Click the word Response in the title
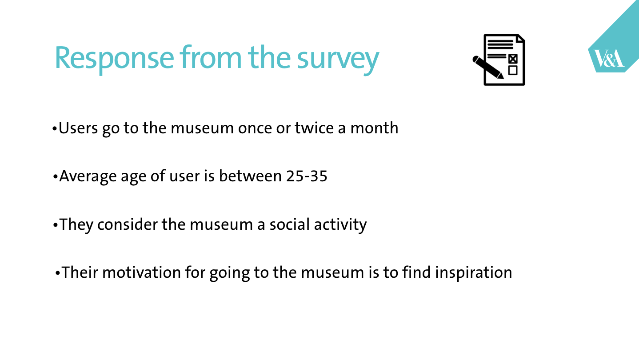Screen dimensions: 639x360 (x=114, y=58)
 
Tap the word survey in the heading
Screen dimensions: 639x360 (x=338, y=60)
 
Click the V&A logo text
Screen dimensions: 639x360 (x=608, y=58)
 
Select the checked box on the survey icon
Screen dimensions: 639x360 (x=513, y=59)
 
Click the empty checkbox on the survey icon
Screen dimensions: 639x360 (x=513, y=70)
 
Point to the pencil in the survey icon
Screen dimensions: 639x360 (x=488, y=67)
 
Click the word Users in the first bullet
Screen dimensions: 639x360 (x=78, y=128)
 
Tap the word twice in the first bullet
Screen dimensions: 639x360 (x=314, y=128)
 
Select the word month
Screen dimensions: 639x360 (x=374, y=128)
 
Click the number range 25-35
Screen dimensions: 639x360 (x=307, y=176)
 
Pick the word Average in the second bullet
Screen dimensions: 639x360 (x=88, y=176)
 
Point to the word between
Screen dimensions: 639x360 (x=251, y=176)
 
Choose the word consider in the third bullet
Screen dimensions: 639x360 (x=128, y=224)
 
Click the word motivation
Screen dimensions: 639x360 (x=141, y=272)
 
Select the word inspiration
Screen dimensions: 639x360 (x=474, y=273)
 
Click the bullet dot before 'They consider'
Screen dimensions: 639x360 (x=56, y=225)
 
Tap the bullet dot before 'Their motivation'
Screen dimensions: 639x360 (x=58, y=273)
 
